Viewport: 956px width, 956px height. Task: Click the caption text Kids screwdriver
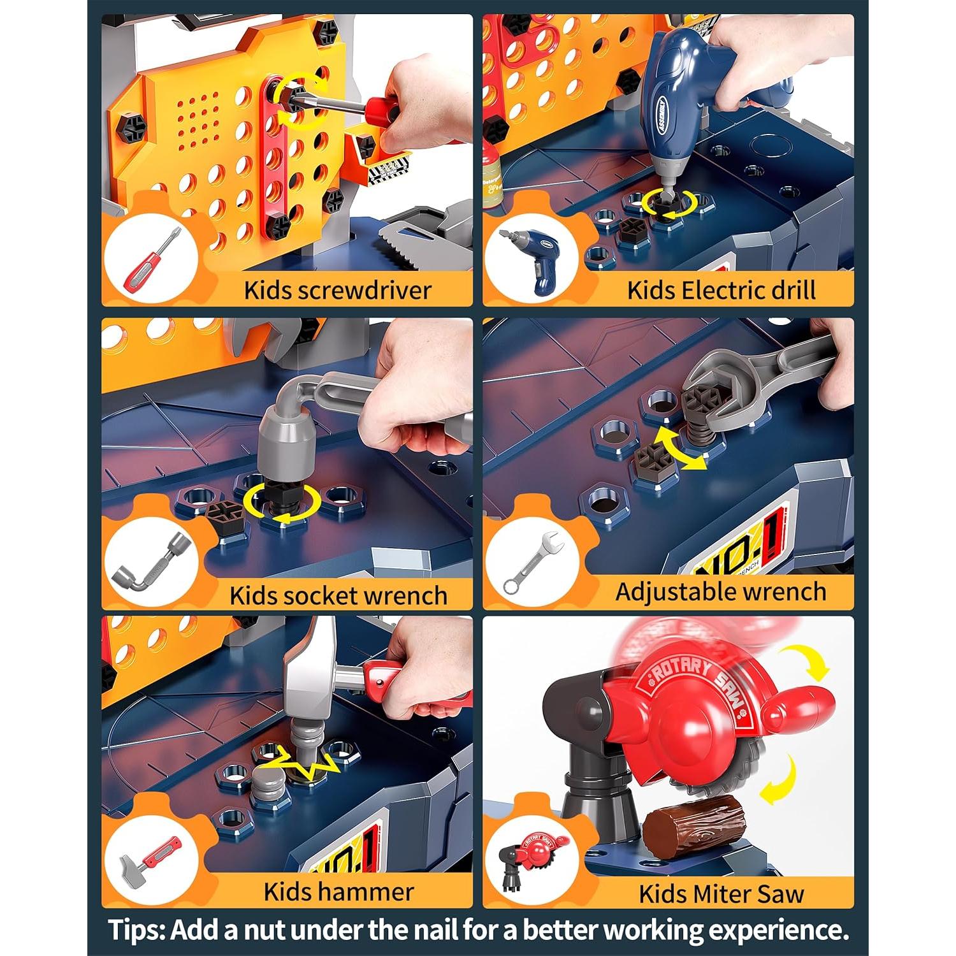pyautogui.click(x=338, y=291)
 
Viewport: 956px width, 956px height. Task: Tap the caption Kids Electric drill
pyautogui.click(x=721, y=291)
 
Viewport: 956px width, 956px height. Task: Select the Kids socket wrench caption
pyautogui.click(x=338, y=595)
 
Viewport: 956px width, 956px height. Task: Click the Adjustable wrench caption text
pyautogui.click(x=720, y=591)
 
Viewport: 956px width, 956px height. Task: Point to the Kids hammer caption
pyautogui.click(x=338, y=892)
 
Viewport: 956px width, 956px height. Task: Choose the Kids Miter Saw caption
pyautogui.click(x=721, y=894)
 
